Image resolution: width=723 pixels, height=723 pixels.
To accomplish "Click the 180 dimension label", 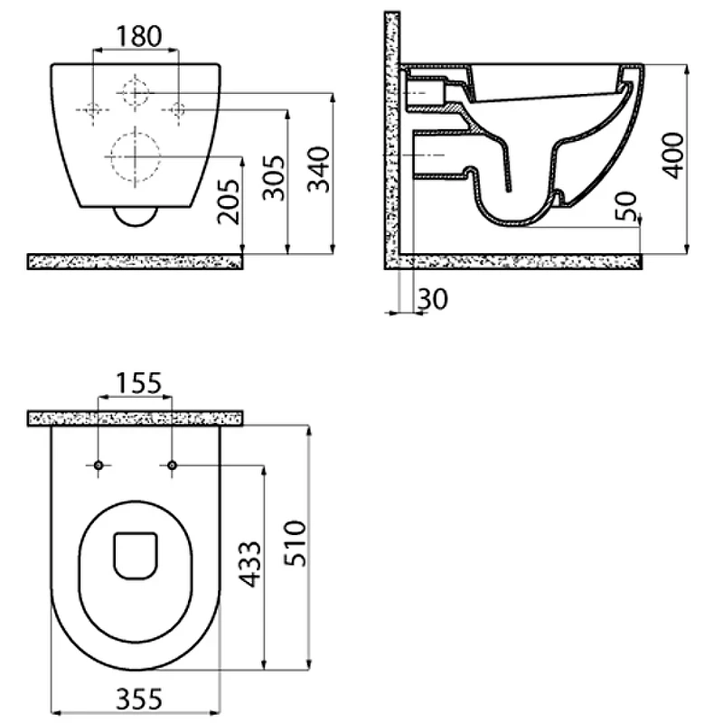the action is tap(139, 36).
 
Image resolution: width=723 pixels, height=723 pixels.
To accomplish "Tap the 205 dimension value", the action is tap(229, 202).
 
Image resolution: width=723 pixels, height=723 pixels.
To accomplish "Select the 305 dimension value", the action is tap(274, 178).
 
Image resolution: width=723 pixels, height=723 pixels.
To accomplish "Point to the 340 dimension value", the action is tap(319, 169).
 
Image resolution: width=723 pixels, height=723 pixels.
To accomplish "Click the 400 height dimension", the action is tap(672, 155).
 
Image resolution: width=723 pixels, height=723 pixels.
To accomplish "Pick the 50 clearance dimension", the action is tap(626, 206).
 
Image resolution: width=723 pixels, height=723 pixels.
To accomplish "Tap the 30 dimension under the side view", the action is tap(433, 299).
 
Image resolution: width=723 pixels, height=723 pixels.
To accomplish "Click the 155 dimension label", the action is tap(138, 383).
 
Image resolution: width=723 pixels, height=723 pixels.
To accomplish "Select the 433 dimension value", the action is tap(251, 564).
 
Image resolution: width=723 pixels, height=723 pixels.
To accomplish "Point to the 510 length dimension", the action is tap(296, 543).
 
